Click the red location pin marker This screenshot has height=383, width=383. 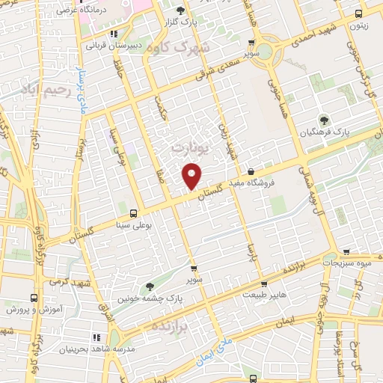[x=192, y=176]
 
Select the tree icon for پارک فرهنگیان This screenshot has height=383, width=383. [x=324, y=119]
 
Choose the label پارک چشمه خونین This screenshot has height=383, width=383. [x=150, y=297]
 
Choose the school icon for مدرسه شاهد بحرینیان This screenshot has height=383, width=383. [x=95, y=337]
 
